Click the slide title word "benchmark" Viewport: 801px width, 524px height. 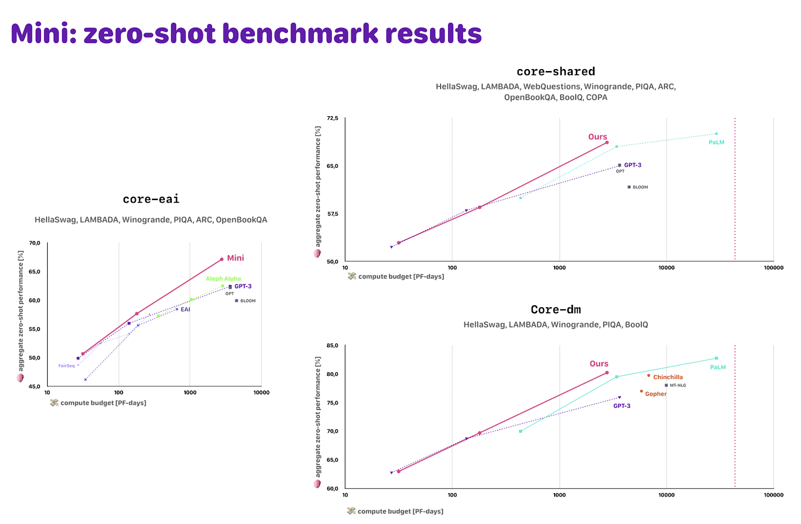(300, 34)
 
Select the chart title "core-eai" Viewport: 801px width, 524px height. (151, 199)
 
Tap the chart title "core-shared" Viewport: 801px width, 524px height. (556, 72)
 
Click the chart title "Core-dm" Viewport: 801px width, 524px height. (556, 310)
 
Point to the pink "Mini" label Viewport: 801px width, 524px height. (235, 258)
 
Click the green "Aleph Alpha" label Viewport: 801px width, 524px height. (223, 279)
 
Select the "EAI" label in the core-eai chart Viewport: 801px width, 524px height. (185, 309)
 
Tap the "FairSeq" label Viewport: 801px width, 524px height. (66, 366)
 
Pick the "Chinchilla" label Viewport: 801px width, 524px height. (668, 377)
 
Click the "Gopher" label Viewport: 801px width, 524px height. (655, 394)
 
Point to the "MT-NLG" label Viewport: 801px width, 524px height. (678, 385)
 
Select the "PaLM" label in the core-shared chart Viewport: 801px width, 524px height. (716, 142)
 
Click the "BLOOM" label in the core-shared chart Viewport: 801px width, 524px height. (640, 187)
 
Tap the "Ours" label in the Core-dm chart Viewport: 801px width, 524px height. (599, 364)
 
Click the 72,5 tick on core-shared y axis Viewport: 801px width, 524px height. (332, 118)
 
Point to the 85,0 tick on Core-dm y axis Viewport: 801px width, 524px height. (332, 345)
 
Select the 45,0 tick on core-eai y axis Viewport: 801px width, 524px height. (35, 386)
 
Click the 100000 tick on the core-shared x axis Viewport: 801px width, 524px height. (773, 268)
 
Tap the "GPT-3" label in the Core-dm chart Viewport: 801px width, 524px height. (622, 406)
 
